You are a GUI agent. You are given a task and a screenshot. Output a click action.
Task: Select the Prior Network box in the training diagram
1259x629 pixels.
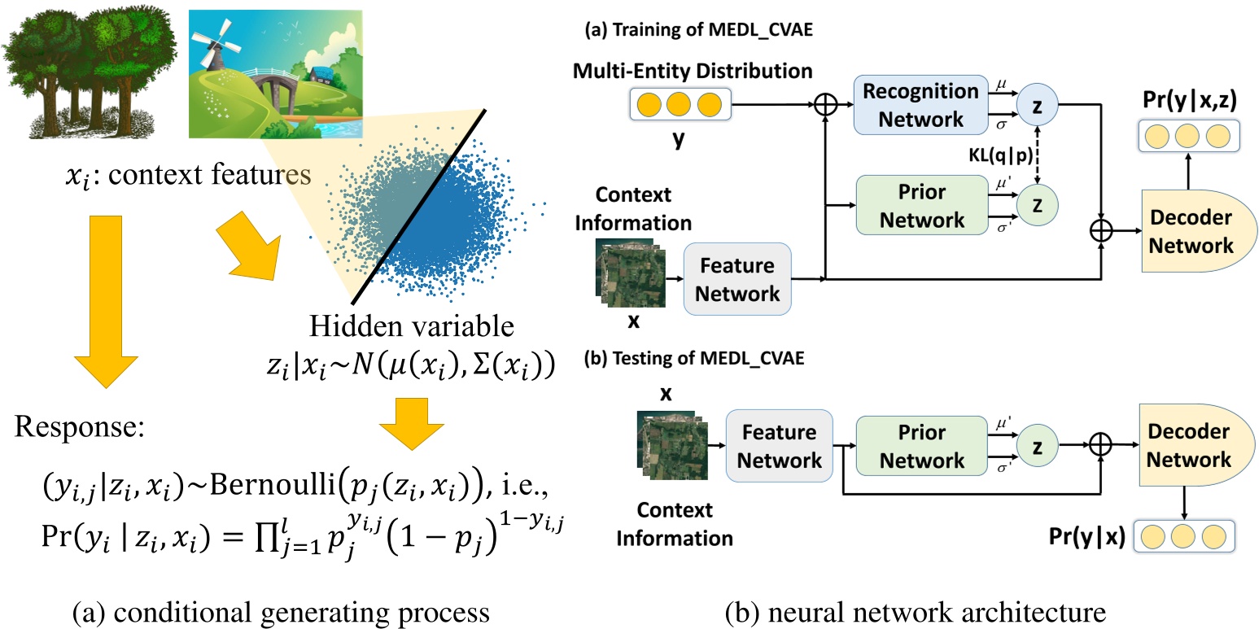[x=909, y=206]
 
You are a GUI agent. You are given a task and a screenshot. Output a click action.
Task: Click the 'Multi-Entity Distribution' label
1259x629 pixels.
[x=693, y=71]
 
